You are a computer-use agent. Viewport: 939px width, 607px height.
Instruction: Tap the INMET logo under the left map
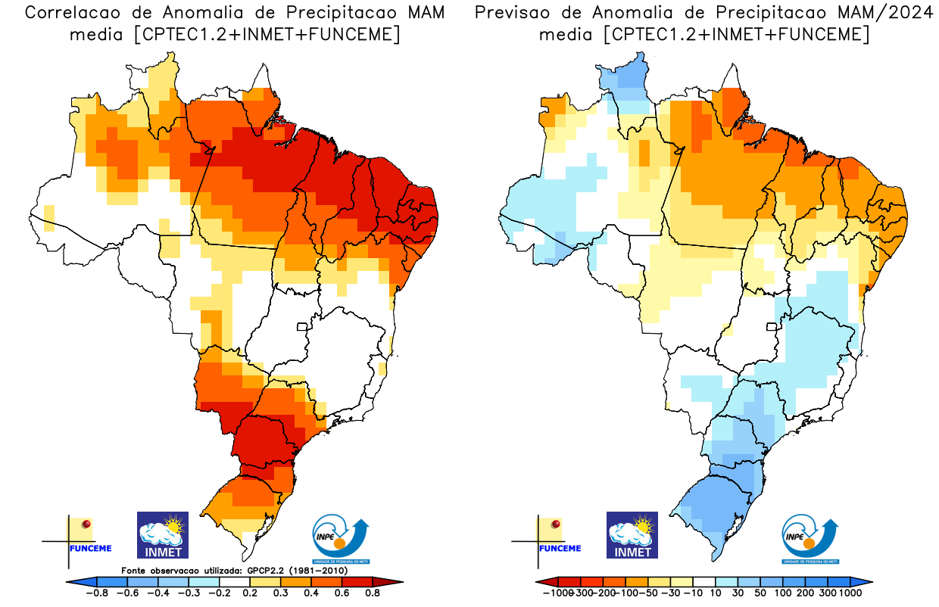(162, 534)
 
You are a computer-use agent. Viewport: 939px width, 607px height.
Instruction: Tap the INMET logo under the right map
(632, 534)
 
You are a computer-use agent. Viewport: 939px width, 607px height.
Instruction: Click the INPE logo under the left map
(342, 538)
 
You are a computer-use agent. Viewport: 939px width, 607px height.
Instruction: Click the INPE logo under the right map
(811, 538)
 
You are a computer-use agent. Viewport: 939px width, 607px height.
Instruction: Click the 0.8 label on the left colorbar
(372, 593)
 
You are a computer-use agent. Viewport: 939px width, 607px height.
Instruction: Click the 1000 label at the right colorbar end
(850, 593)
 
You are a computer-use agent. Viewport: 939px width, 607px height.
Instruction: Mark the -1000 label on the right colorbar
(557, 593)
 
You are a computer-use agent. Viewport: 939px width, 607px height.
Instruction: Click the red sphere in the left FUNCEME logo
(86, 523)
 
